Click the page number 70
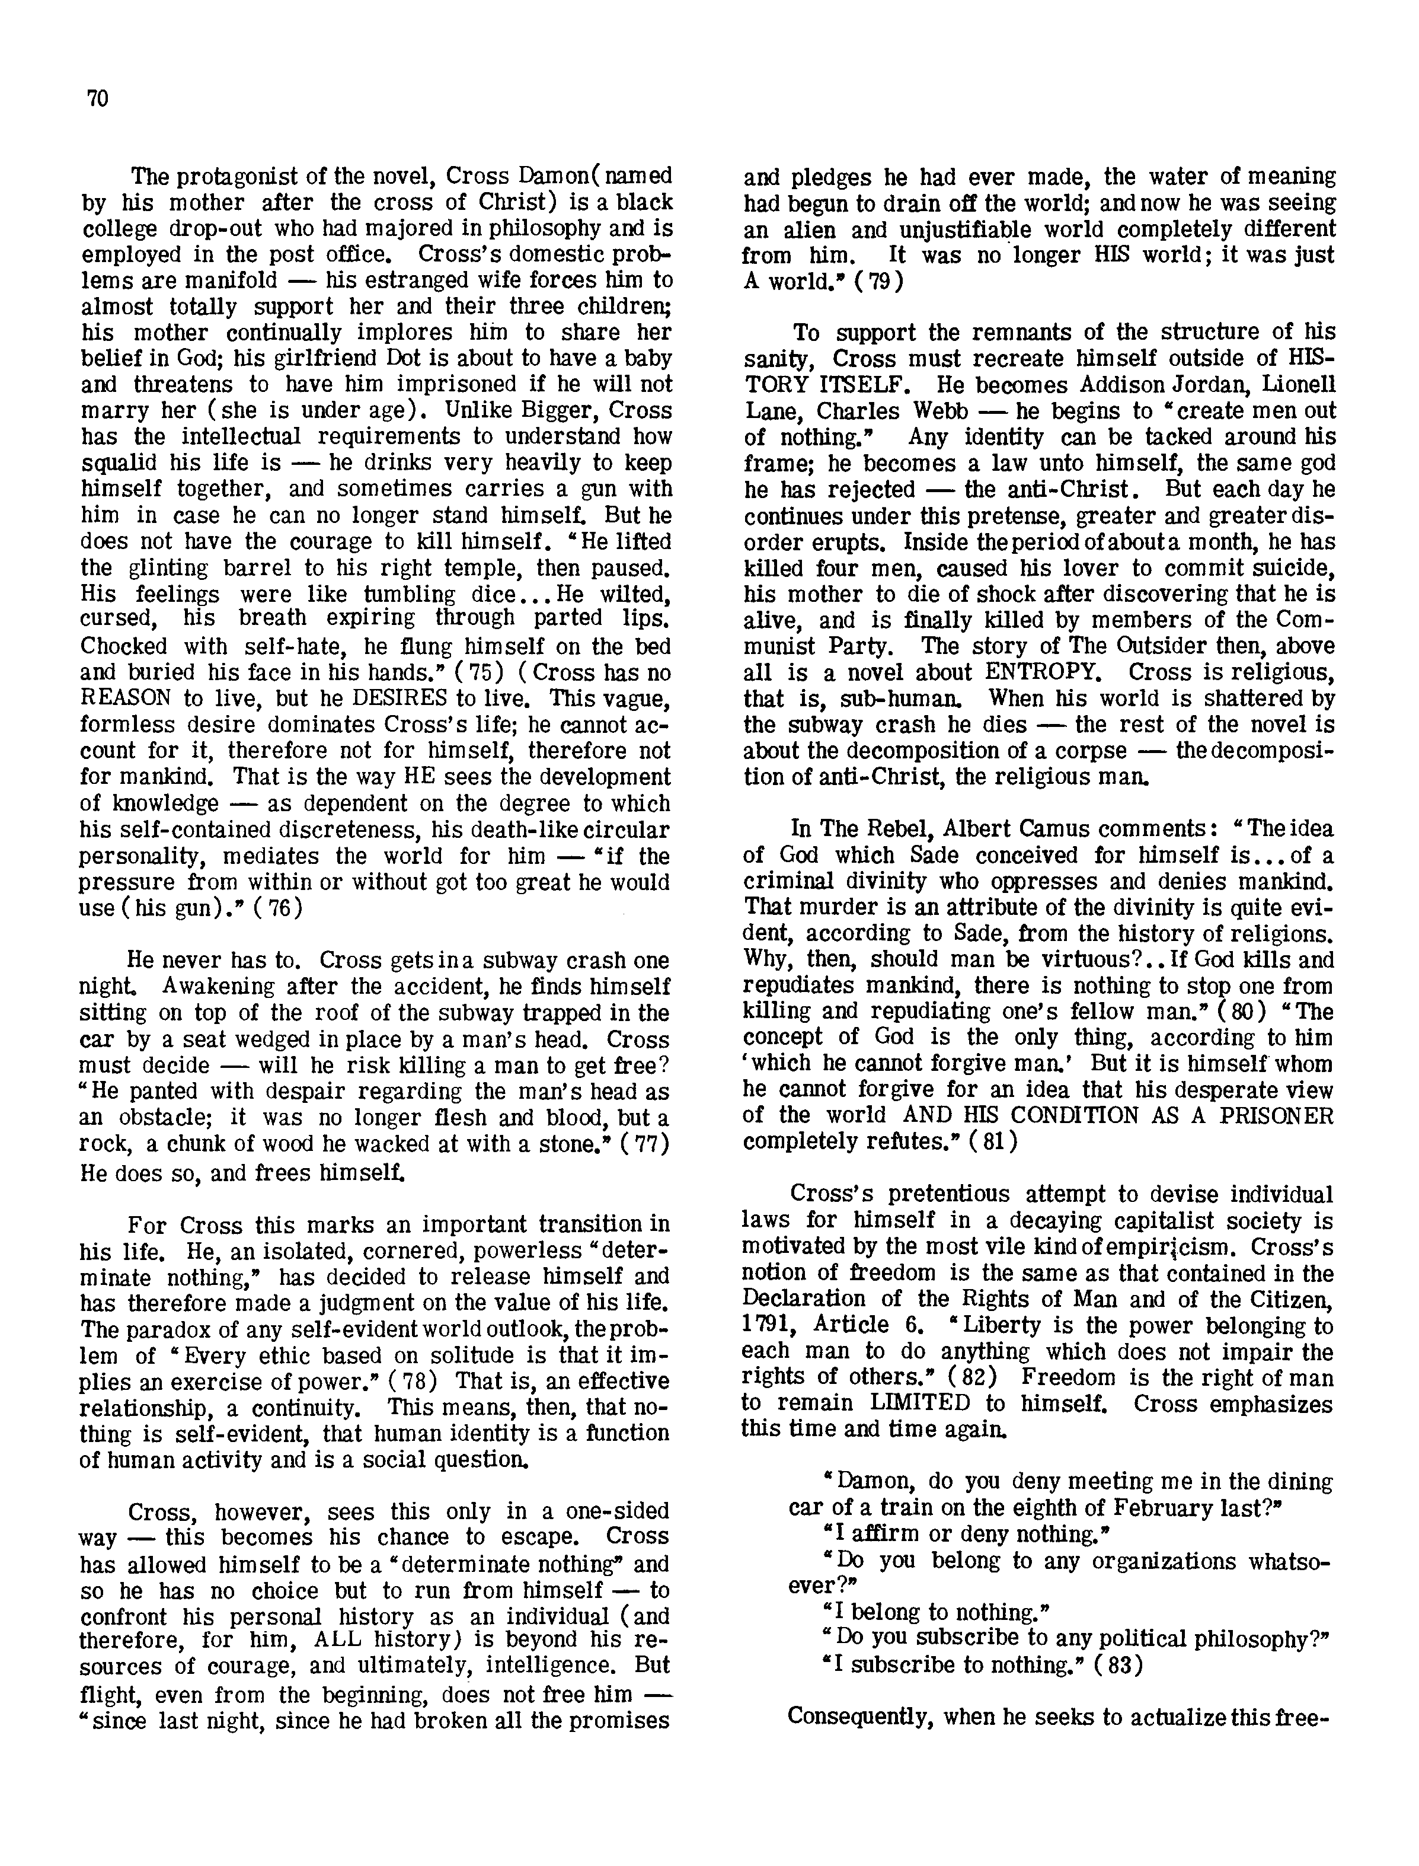coord(97,99)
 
